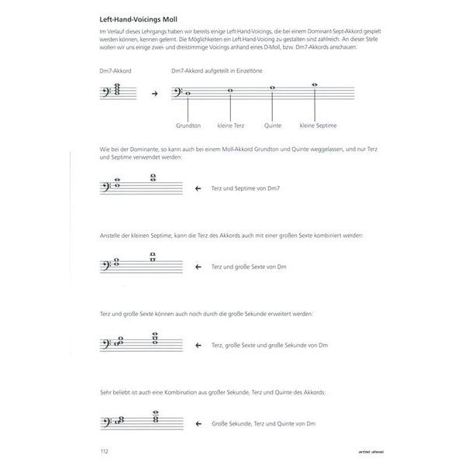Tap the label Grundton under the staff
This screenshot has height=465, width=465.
coord(188,124)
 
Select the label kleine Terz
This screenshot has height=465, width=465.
coord(230,124)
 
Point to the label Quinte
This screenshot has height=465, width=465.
coord(272,124)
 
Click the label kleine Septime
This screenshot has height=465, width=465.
coord(315,124)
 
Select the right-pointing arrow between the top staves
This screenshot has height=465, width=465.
coord(153,94)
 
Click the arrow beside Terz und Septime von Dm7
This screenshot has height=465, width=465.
coord(198,188)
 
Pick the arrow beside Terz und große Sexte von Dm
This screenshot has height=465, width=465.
coord(198,266)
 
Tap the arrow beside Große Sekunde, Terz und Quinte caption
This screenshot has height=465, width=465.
coord(198,423)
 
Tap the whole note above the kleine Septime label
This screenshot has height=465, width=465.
coord(314,84)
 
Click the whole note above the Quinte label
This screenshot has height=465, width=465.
coord(272,88)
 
